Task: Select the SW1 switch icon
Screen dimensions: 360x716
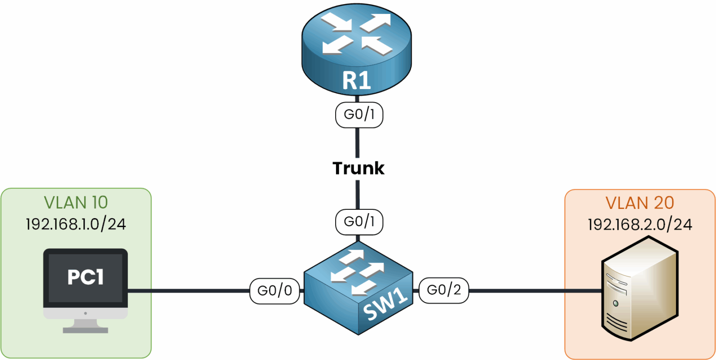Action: (x=358, y=289)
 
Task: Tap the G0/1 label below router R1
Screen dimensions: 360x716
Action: (x=358, y=115)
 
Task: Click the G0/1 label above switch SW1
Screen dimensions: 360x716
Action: (x=358, y=222)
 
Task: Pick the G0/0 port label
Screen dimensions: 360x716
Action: (x=274, y=291)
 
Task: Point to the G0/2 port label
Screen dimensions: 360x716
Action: (x=443, y=291)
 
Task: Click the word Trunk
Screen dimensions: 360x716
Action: (x=358, y=168)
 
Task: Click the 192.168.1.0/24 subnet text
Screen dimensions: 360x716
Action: (x=76, y=224)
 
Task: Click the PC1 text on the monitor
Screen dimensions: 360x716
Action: (x=85, y=277)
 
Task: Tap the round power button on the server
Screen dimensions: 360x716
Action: (x=616, y=303)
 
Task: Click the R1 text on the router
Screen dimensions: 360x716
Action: (x=357, y=80)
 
